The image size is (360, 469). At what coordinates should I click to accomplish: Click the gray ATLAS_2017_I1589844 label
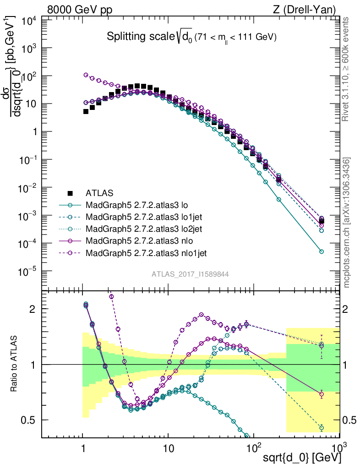point(190,274)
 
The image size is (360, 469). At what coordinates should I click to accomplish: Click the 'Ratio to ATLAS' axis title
point(14,364)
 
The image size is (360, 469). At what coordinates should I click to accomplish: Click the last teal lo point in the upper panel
point(322,251)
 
